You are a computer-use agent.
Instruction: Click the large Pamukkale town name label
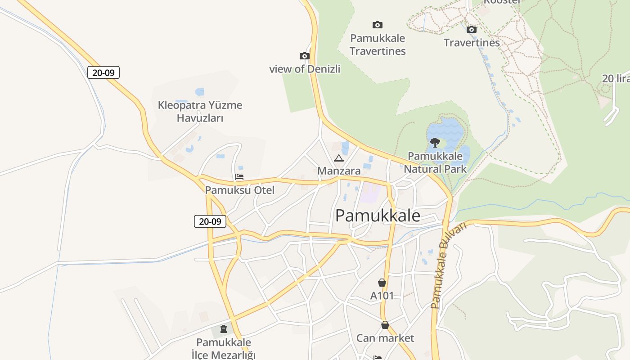point(378,216)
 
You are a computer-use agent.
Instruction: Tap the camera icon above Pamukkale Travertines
point(378,25)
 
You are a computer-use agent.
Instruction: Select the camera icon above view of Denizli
point(305,56)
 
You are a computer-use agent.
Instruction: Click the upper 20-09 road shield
point(103,72)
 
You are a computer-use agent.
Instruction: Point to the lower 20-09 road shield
point(210,221)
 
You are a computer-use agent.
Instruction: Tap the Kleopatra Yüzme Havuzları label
point(200,112)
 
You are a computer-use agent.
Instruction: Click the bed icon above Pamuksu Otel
point(239,177)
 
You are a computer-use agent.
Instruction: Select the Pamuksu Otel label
point(239,190)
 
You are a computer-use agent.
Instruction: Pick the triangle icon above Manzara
point(339,158)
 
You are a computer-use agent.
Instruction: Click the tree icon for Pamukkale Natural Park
point(435,143)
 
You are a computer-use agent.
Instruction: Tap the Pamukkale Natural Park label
point(435,162)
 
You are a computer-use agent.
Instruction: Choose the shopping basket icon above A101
point(382,283)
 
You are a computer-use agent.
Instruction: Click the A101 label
point(382,296)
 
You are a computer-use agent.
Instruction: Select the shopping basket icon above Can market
point(385,325)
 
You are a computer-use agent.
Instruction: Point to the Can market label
point(385,338)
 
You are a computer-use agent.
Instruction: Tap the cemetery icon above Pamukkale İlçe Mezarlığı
point(224,329)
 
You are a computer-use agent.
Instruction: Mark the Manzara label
point(339,171)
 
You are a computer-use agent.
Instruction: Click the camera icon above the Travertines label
point(472,30)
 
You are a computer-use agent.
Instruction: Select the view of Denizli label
point(305,69)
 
